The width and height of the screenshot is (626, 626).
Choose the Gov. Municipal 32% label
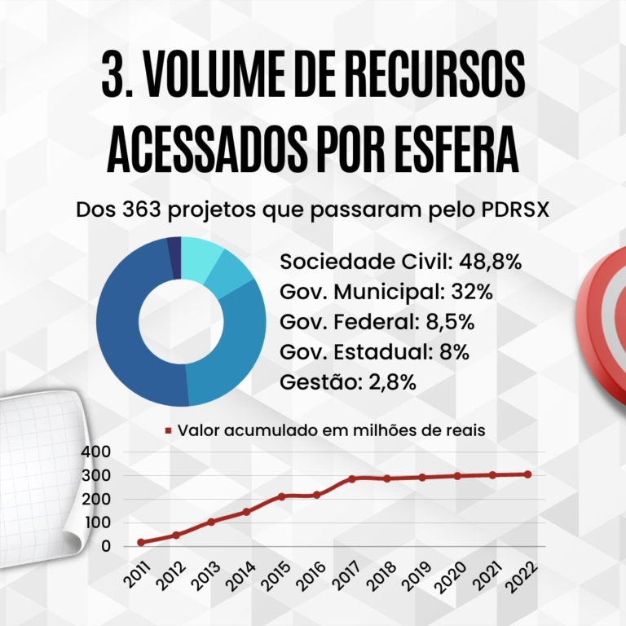point(386,291)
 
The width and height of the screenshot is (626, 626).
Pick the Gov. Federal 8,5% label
point(377,321)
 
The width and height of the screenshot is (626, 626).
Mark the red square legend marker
point(169,430)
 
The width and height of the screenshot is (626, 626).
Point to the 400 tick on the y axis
point(96,452)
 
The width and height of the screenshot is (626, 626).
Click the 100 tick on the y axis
point(96,522)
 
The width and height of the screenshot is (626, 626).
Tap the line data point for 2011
point(141,542)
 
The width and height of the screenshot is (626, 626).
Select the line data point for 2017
point(352,478)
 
